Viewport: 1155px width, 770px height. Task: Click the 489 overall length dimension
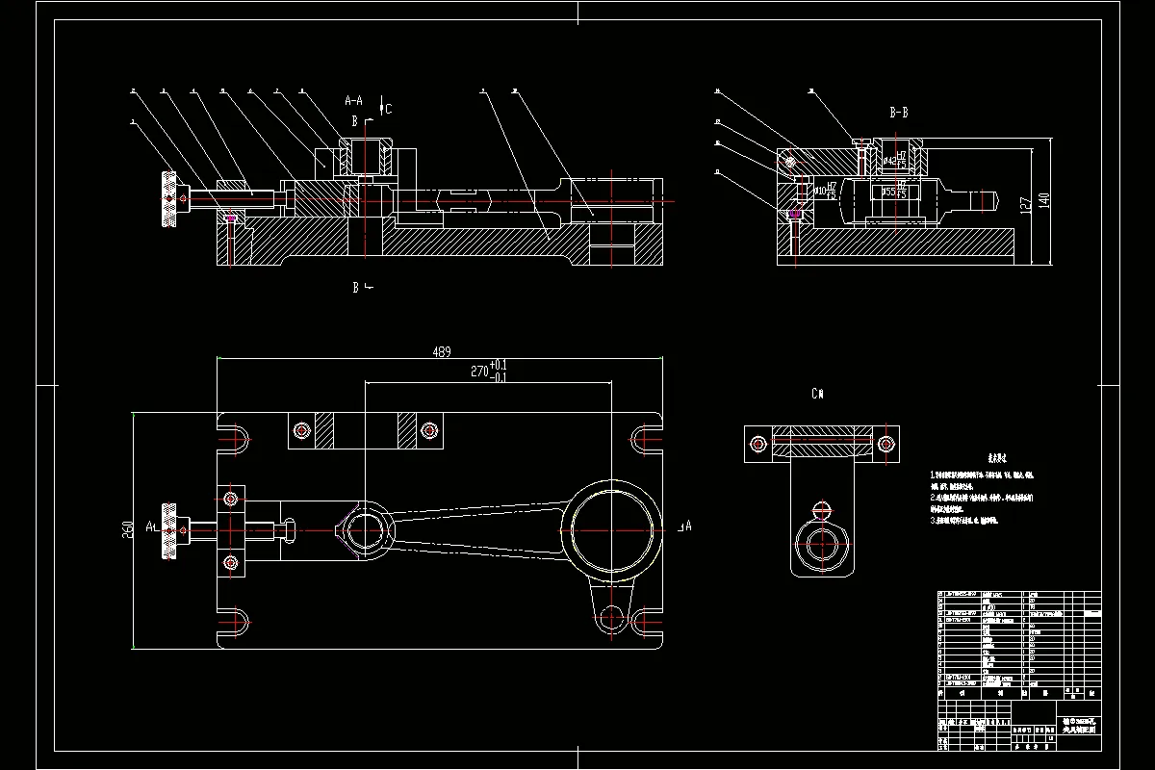[442, 352]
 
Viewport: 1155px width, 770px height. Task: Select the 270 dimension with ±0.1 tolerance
[489, 372]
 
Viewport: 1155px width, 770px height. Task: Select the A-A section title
[353, 99]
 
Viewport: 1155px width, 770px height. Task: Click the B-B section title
[898, 113]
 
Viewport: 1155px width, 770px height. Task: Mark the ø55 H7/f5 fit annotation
[895, 191]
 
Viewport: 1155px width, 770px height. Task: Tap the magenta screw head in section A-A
[230, 218]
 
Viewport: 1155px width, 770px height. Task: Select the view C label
[817, 394]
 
